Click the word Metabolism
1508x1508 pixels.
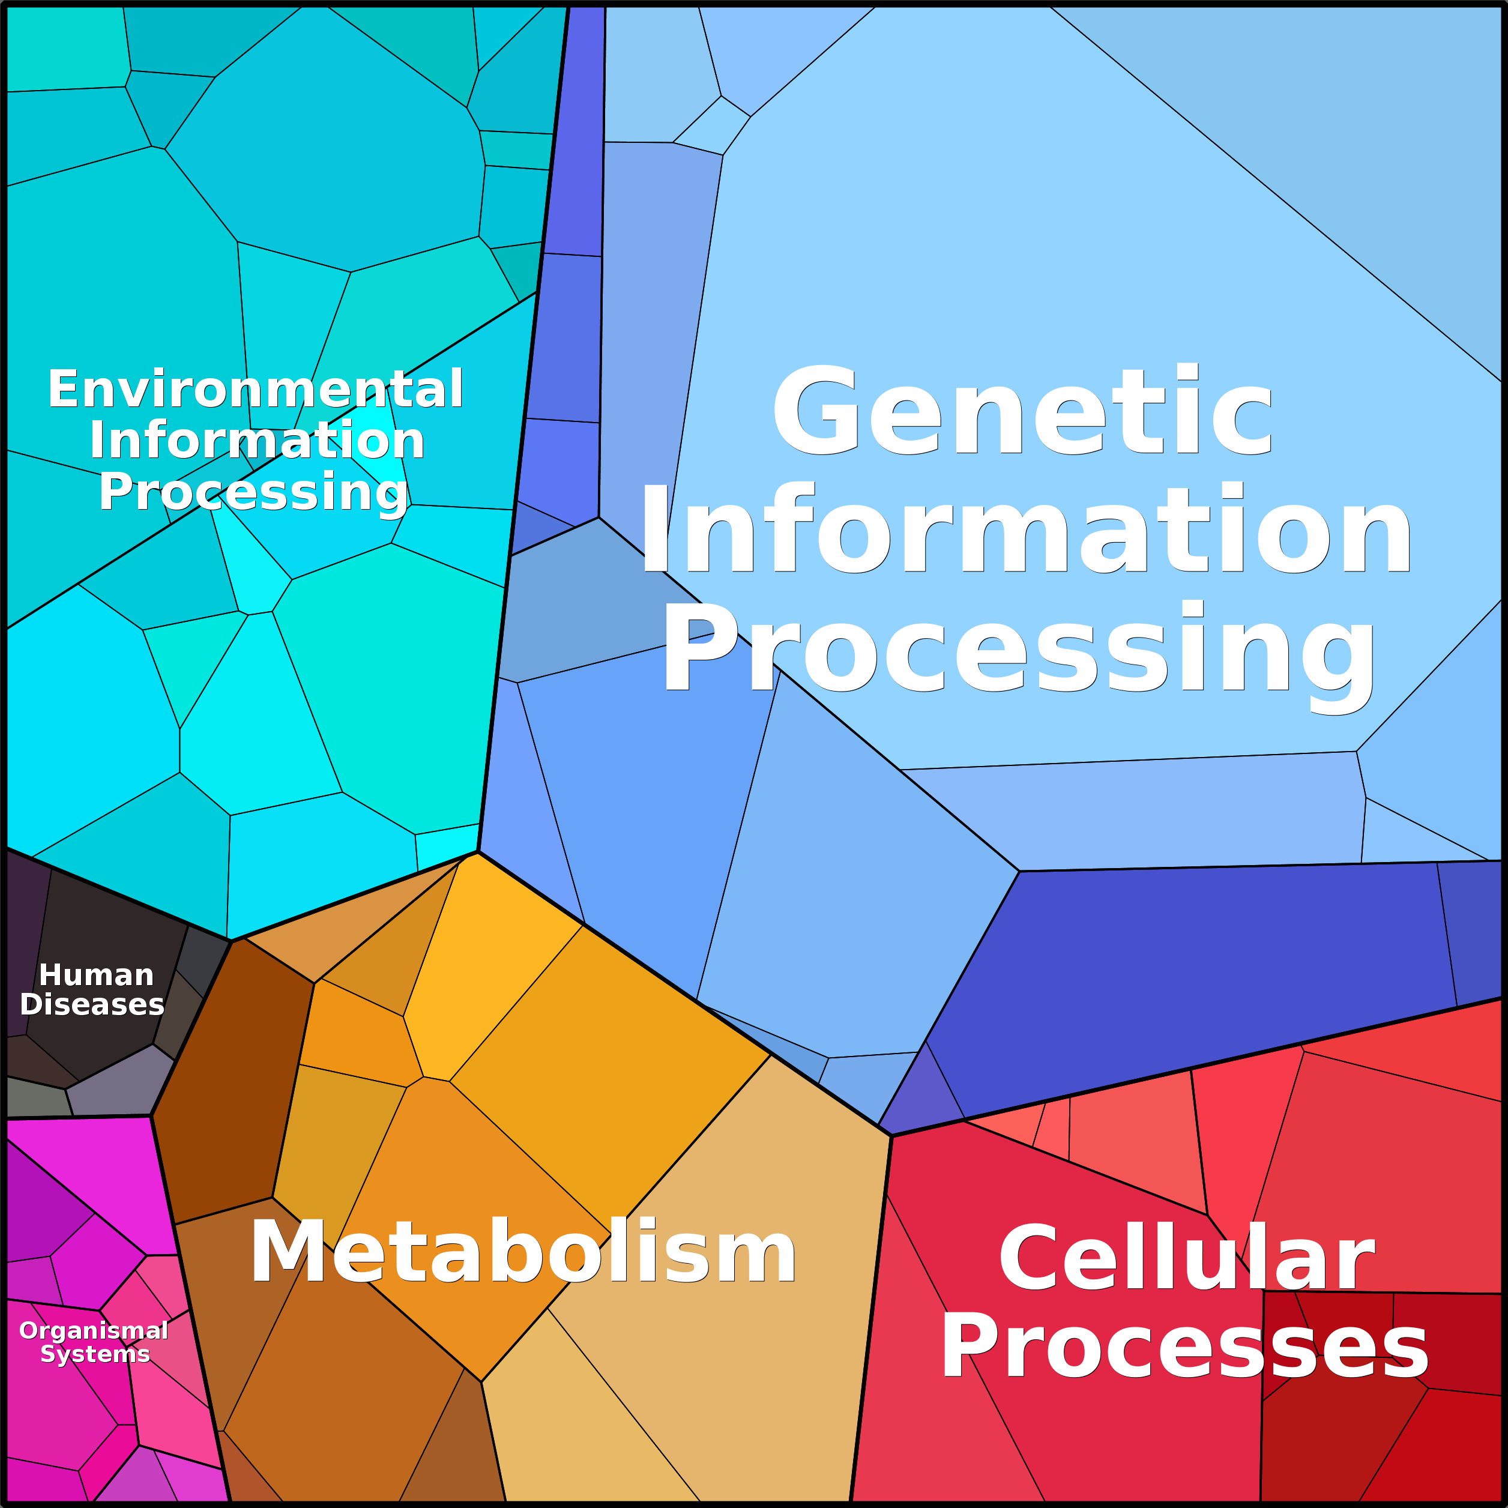[x=523, y=1252]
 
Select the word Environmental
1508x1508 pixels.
[x=255, y=389]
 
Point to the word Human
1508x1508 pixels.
[x=96, y=975]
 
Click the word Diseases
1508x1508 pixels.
[x=92, y=1004]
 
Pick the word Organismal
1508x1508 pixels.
[x=94, y=1331]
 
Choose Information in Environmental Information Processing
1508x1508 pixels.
[x=257, y=440]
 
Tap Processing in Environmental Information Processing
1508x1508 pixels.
[x=254, y=493]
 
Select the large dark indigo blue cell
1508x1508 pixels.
[x=1202, y=976]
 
